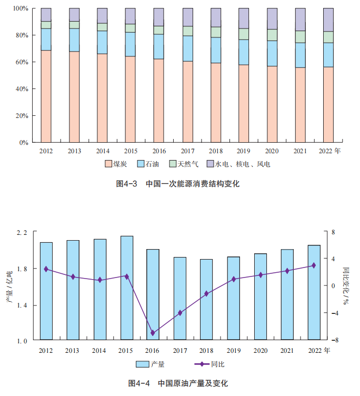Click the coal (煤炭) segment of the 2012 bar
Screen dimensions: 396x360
[x=46, y=96]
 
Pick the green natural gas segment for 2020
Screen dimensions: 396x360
[x=272, y=35]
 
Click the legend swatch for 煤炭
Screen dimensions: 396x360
[x=108, y=164]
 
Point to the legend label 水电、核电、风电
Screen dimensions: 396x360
[x=242, y=164]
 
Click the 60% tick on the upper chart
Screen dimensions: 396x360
[x=21, y=62]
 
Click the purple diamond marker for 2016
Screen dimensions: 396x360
[x=153, y=333]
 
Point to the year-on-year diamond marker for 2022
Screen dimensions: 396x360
[x=314, y=265]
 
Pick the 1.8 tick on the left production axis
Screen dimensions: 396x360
[x=24, y=269]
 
